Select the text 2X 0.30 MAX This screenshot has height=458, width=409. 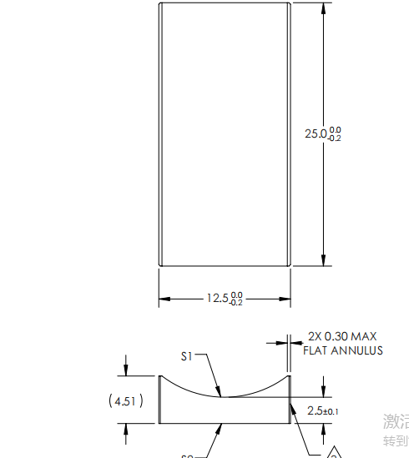pos(341,337)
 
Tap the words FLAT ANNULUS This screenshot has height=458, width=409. pos(343,350)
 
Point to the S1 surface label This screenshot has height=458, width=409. pos(187,356)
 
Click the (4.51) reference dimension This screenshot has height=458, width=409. pos(126,401)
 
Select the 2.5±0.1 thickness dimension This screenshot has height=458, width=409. pos(322,410)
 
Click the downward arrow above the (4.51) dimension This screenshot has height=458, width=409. pos(126,370)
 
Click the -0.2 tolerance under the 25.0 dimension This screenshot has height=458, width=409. pos(335,138)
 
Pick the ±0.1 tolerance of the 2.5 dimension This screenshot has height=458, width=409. pos(331,411)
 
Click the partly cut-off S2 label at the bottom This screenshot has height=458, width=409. pos(188,455)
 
